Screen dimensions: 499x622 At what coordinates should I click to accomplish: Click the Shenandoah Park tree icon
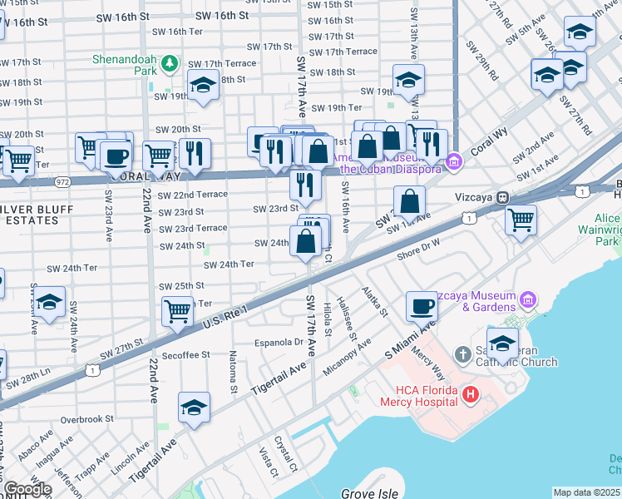point(170,63)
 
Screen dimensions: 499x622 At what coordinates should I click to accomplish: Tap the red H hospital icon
point(470,393)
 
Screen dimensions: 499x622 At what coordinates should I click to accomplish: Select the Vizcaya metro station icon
point(502,198)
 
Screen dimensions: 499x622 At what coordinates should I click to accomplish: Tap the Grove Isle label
point(368,493)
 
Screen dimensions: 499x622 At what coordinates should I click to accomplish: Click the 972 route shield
point(63,180)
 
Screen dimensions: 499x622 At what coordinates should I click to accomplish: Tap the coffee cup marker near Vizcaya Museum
point(422,305)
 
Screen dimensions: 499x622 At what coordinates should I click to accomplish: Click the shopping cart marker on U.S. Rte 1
point(177,311)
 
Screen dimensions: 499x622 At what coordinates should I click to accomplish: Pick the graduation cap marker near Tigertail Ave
point(194,407)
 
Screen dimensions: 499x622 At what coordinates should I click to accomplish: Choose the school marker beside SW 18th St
point(202,85)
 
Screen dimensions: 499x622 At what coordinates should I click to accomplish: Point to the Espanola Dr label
point(279,342)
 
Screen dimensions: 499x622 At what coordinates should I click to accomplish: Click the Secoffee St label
point(185,354)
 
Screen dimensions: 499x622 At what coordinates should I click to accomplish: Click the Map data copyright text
point(586,492)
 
